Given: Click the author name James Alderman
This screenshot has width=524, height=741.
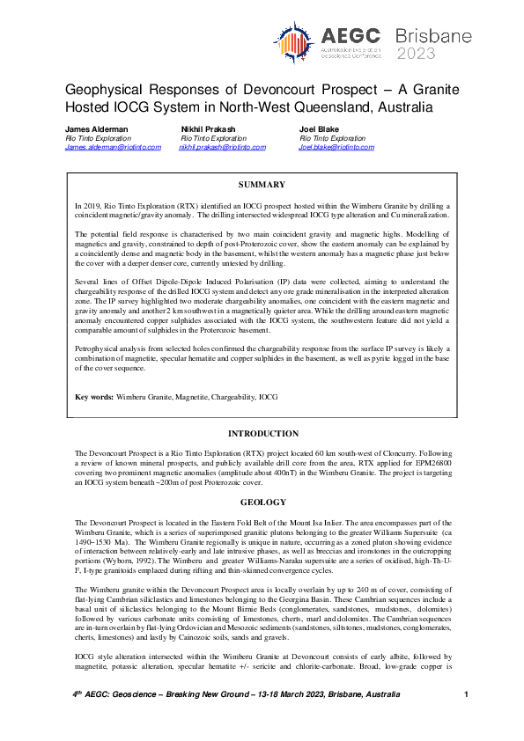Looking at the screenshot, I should click(x=97, y=129).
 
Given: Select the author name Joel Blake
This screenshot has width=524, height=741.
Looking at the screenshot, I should click(x=320, y=129).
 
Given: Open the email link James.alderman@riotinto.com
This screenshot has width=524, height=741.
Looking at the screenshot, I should click(x=113, y=147).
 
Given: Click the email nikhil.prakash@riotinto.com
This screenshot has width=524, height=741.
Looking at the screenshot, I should click(x=222, y=147).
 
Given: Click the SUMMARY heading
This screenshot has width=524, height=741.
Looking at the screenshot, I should click(x=262, y=185).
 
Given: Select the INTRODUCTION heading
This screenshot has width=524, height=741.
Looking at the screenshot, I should click(x=262, y=434).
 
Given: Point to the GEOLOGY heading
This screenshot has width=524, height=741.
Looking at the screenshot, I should click(x=262, y=503).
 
